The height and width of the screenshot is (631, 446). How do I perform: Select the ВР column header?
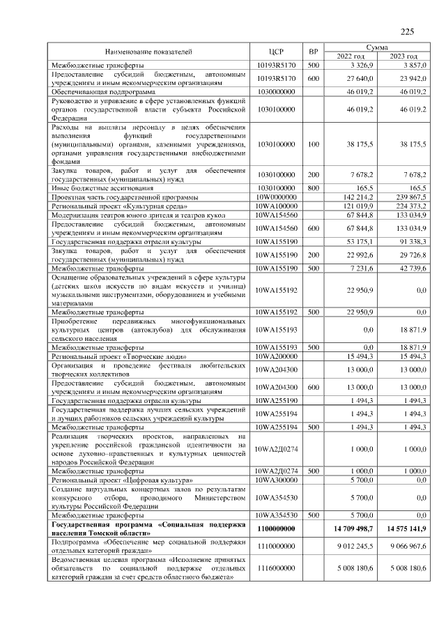314,52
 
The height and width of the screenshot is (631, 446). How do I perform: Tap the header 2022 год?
351,56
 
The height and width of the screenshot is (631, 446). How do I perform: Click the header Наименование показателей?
148,52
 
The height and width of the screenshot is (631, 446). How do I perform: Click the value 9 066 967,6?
407,547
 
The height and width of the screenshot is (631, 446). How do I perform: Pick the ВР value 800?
314,189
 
